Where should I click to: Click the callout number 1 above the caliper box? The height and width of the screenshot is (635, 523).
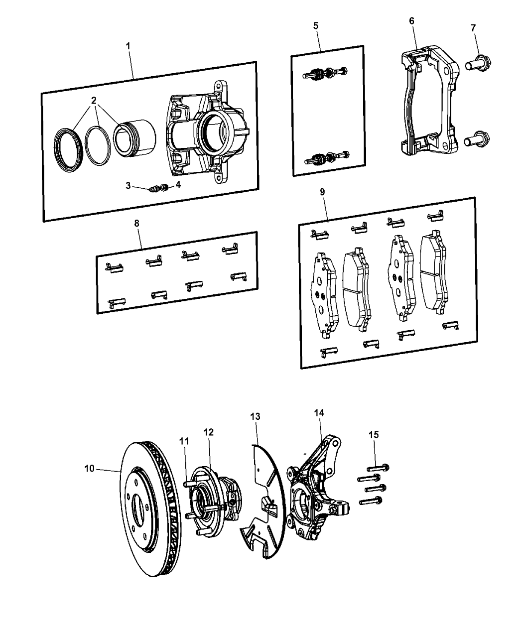click(x=128, y=46)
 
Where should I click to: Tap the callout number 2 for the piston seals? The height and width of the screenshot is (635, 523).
click(x=94, y=100)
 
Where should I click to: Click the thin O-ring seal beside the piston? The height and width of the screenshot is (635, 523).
click(x=98, y=145)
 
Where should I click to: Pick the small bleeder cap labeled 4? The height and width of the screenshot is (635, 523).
click(x=164, y=187)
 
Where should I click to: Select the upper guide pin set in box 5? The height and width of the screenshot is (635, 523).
click(x=325, y=73)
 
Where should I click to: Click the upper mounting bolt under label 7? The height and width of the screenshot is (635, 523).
click(x=478, y=63)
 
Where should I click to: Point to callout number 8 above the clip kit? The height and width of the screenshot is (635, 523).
click(x=136, y=223)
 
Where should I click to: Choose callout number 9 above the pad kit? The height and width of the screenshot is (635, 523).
click(x=322, y=192)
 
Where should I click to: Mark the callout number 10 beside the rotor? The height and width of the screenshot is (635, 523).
click(x=89, y=469)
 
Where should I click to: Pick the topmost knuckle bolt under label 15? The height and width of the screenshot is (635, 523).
click(x=378, y=467)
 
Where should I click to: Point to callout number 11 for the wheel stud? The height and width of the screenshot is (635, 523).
click(x=184, y=441)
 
